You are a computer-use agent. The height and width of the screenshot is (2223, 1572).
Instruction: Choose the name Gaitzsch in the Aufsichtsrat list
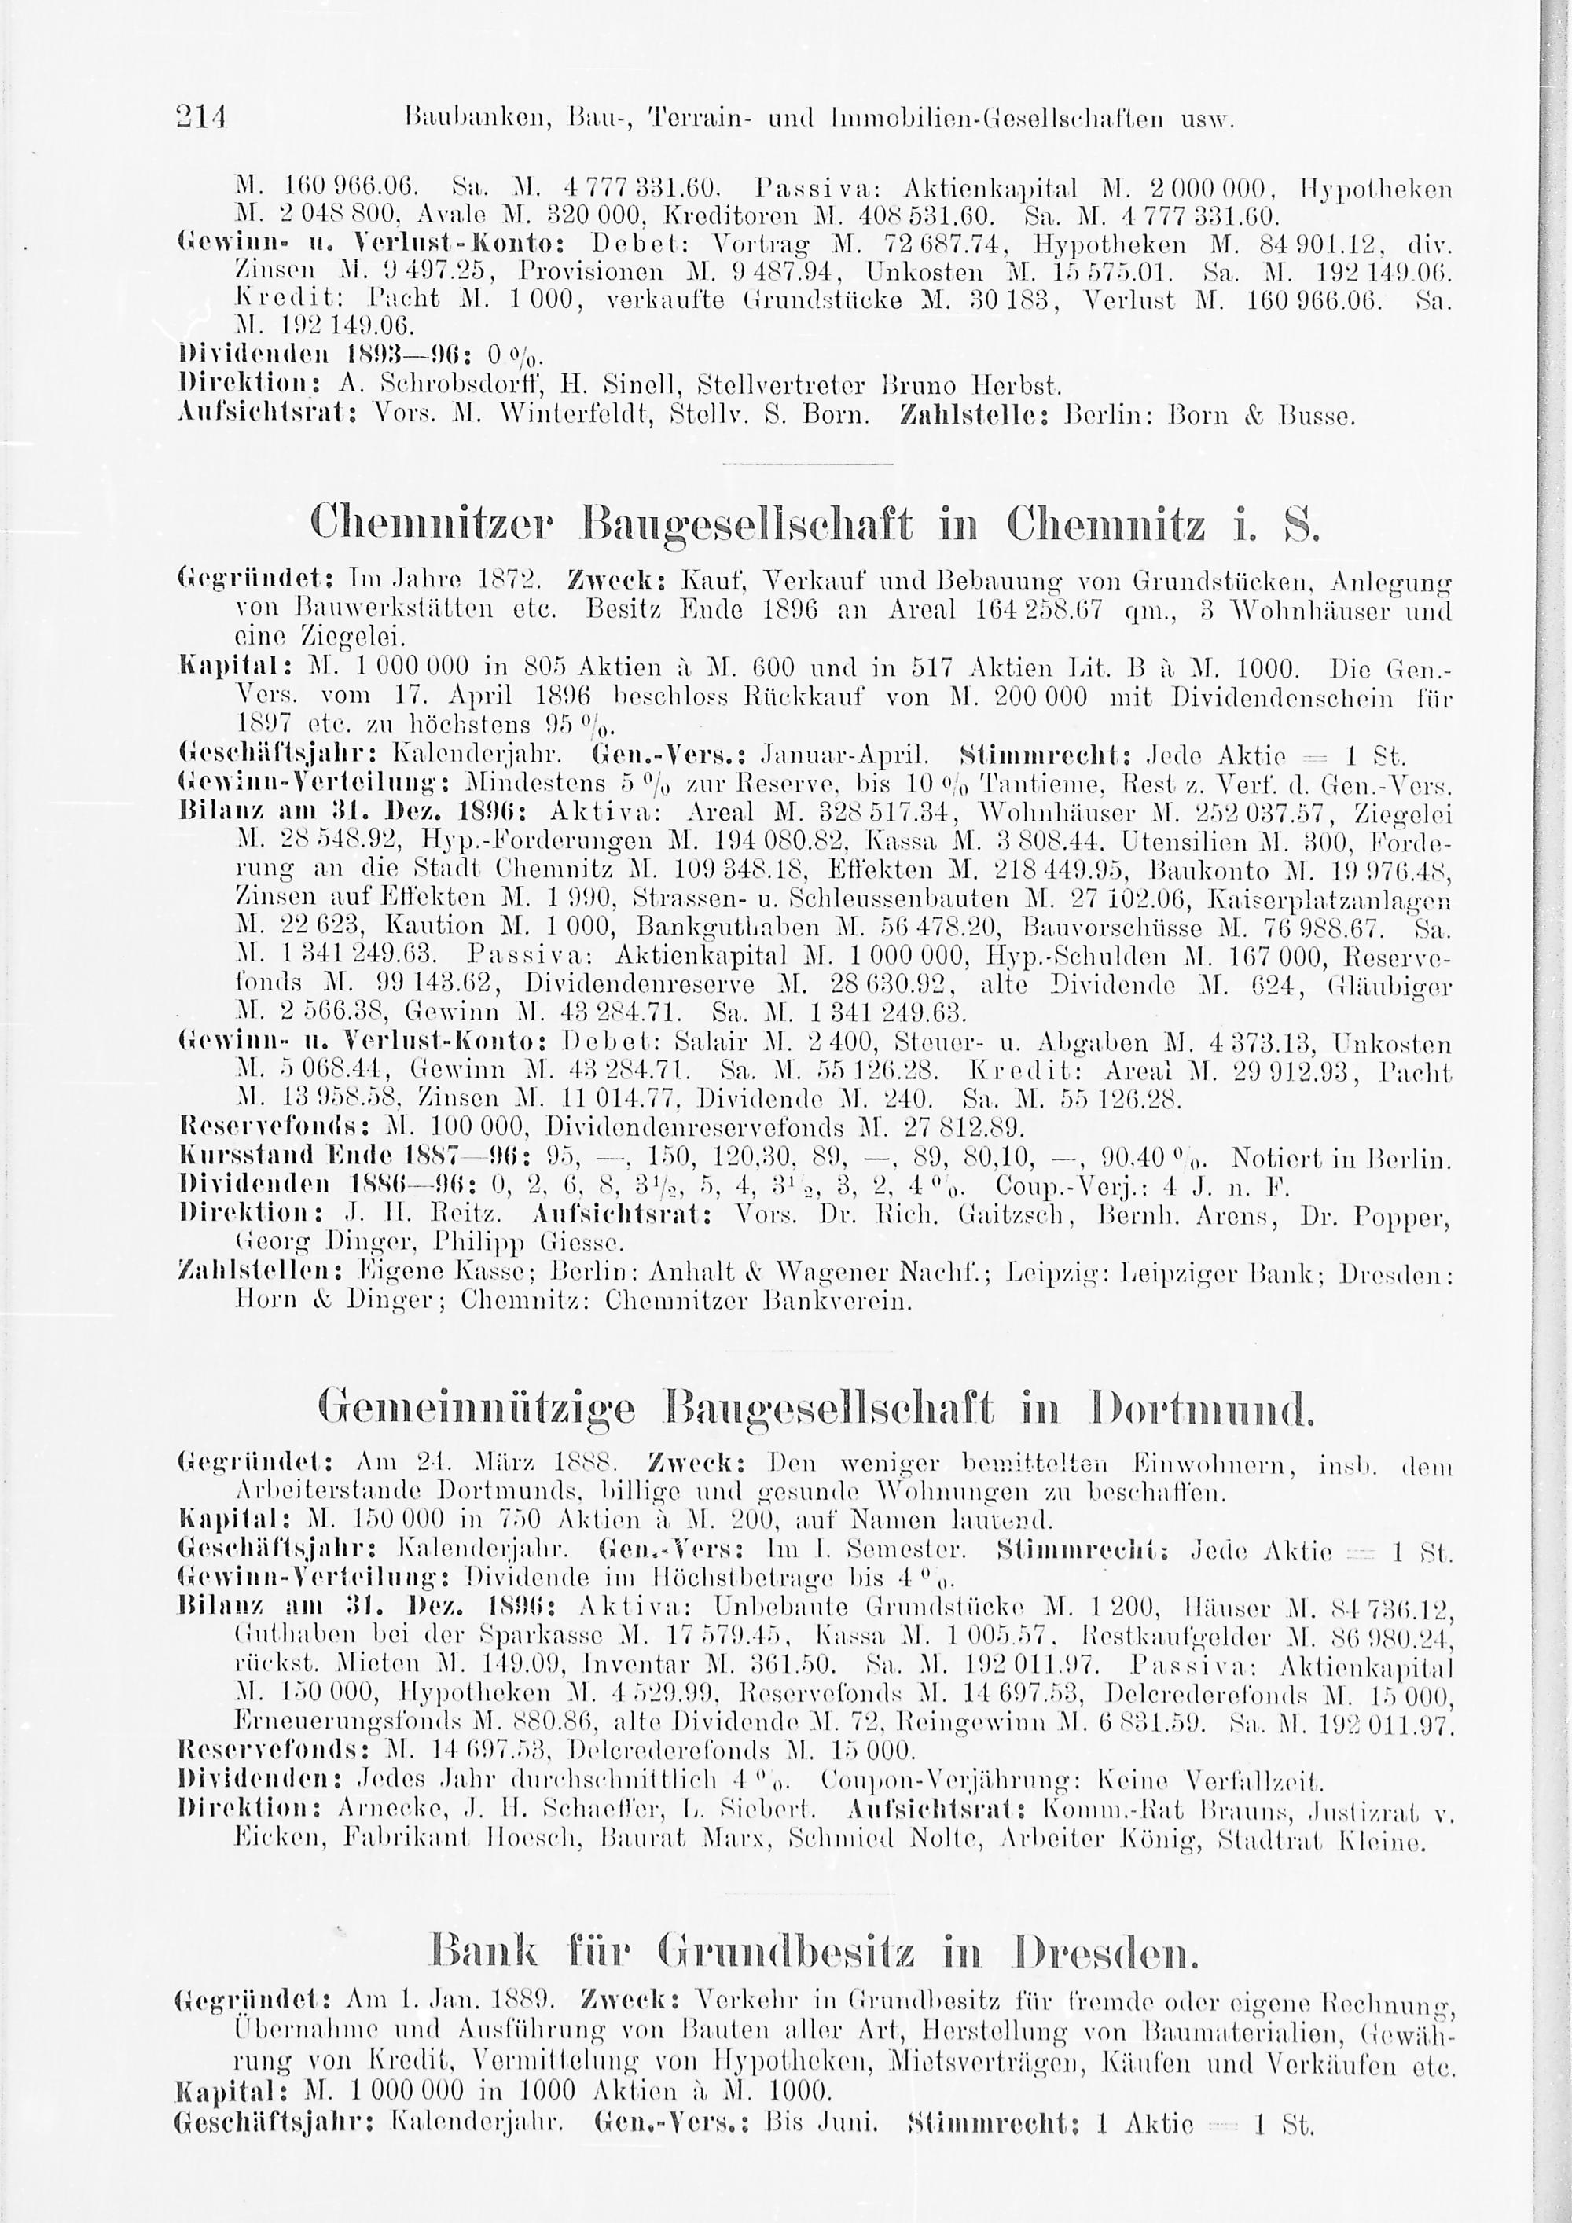[1012, 1213]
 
